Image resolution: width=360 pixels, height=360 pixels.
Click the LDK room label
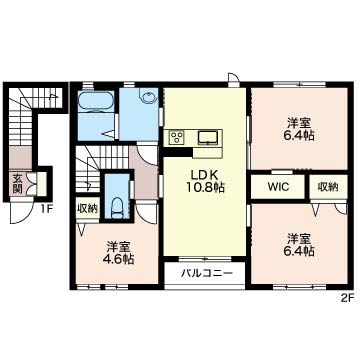[x=204, y=175]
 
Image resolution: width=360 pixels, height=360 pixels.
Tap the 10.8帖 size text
[x=204, y=188]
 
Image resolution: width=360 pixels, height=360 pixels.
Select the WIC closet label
[x=278, y=187]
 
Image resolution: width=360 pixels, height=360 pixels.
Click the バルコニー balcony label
[x=207, y=274]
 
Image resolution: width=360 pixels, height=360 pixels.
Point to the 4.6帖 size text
[x=118, y=259]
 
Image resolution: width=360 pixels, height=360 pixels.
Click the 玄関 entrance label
[x=17, y=184]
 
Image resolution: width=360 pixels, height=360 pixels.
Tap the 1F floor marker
[x=47, y=209]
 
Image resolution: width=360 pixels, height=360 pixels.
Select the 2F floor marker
[x=347, y=298]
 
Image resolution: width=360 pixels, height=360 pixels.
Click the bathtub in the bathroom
[x=96, y=100]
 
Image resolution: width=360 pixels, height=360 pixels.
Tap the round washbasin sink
[x=148, y=97]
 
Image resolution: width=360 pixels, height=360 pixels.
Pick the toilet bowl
[x=116, y=208]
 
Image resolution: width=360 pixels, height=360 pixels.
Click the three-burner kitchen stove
[x=176, y=137]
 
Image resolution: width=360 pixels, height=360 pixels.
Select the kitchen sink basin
[x=208, y=137]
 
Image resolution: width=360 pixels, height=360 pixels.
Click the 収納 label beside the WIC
[x=328, y=187]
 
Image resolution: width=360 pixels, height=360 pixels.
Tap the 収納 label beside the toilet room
[x=88, y=209]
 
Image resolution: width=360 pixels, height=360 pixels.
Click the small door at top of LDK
[x=234, y=79]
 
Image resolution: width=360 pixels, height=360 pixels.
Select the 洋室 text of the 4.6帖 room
[x=118, y=247]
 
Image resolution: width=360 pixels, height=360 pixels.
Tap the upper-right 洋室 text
[x=299, y=124]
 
